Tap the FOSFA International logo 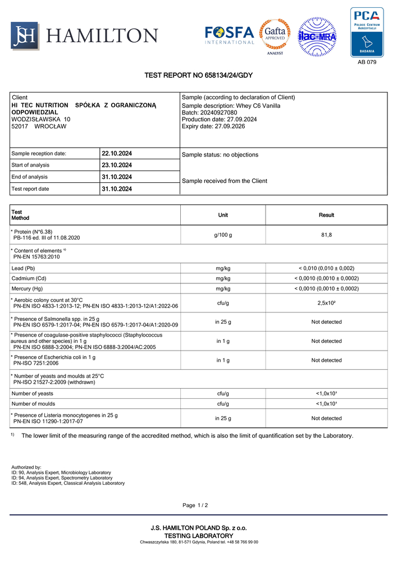(230, 35)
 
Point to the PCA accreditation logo (367, 32)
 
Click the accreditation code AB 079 (367, 62)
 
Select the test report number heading (198, 75)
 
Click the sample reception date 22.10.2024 (117, 153)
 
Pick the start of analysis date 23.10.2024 (117, 165)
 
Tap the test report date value (117, 189)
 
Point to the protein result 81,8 (326, 234)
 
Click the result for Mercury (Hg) (326, 288)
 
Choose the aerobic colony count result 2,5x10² (326, 303)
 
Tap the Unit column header (223, 215)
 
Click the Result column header (326, 215)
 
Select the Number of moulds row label (32, 403)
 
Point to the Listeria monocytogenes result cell (326, 419)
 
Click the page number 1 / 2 (195, 505)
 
